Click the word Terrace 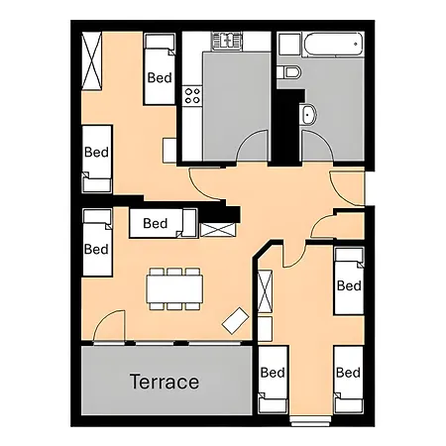[164, 382]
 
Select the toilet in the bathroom [289, 72]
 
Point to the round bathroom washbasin [307, 114]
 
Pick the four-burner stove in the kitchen [192, 96]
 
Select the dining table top [175, 287]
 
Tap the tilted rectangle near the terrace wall [236, 320]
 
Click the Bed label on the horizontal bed [156, 224]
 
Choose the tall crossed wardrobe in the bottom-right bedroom [265, 291]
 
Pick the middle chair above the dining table [175, 271]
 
